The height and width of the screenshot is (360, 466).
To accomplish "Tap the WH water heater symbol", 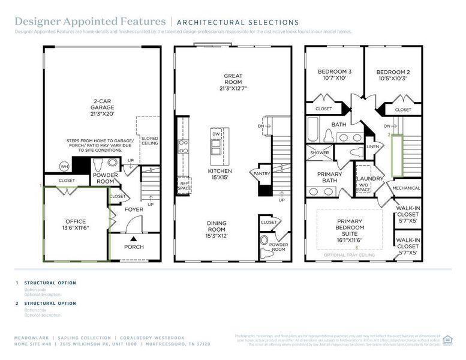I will [64, 166].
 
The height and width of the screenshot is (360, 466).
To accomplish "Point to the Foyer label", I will [134, 210].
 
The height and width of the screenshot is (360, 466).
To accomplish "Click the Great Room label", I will [233, 82].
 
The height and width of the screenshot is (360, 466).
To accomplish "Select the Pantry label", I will [262, 174].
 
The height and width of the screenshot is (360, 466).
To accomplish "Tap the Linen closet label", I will [372, 146].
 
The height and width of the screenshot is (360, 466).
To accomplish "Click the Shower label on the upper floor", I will [319, 153].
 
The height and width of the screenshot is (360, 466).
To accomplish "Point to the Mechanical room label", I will [406, 188].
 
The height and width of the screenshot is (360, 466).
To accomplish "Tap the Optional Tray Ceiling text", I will [348, 255].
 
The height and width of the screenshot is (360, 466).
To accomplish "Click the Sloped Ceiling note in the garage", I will [149, 140].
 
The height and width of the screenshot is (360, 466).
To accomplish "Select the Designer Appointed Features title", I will [90, 22].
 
